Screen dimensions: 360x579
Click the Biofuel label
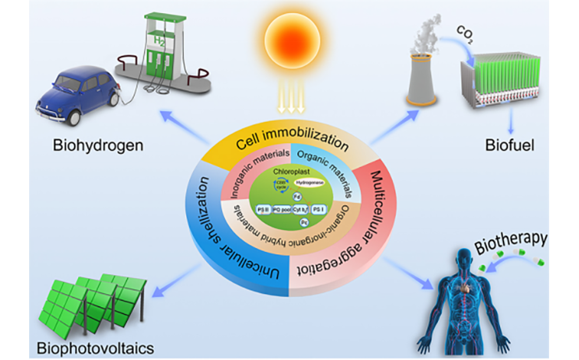(x=501, y=142)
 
